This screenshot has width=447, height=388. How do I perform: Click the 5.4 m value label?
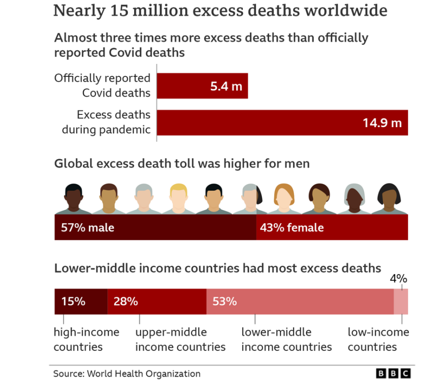click(x=226, y=86)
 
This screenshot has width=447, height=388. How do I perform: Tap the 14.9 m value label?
click(x=382, y=123)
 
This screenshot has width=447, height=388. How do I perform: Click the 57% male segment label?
click(x=87, y=227)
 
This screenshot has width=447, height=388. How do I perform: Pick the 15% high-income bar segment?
click(x=81, y=302)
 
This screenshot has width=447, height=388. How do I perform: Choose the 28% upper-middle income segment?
click(x=156, y=302)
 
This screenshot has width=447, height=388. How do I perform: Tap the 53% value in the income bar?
click(x=225, y=302)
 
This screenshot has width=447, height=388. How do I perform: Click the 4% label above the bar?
click(x=398, y=278)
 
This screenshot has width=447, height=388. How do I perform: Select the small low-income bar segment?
click(x=401, y=302)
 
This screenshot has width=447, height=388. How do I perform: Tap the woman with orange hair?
click(x=286, y=197)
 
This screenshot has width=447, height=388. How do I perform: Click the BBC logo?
click(x=393, y=374)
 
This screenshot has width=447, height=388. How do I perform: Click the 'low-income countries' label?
click(x=378, y=339)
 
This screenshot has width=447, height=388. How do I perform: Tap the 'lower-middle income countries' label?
click(x=286, y=339)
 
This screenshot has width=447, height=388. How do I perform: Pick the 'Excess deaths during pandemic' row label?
click(x=107, y=122)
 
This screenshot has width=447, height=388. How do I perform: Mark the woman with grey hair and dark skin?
click(x=355, y=197)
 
